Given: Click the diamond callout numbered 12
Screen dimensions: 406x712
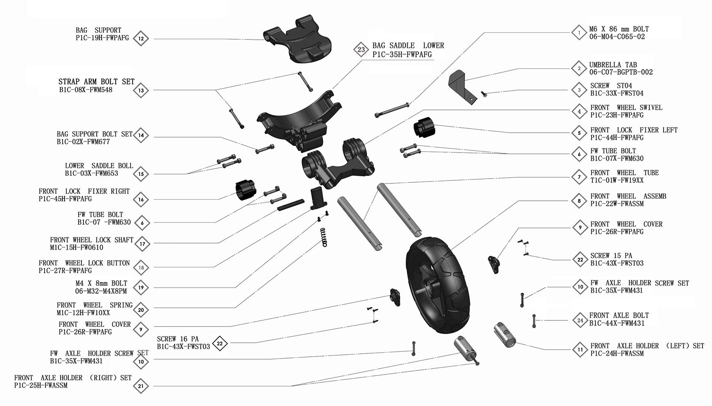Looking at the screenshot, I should [x=141, y=39].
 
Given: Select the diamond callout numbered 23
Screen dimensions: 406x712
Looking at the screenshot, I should [x=361, y=49].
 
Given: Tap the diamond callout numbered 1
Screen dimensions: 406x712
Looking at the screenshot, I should [x=579, y=33].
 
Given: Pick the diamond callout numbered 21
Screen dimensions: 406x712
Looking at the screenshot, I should [x=141, y=386].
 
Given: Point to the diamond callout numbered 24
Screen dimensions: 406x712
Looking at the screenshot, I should [x=580, y=320].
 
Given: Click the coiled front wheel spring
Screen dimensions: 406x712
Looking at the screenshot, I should [x=325, y=237].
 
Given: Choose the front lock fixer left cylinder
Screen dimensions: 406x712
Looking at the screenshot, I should [x=423, y=127].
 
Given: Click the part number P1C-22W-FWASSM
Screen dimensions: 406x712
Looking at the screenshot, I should [x=617, y=204].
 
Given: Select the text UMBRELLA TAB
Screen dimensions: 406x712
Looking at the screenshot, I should [x=613, y=65].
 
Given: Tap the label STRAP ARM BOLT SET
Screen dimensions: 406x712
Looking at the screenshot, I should [x=96, y=82].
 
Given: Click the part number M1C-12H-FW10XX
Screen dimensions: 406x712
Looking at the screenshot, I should [x=83, y=313].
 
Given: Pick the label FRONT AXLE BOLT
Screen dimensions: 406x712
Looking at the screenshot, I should [x=619, y=315].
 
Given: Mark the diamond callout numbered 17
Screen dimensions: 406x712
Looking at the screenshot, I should [x=141, y=244].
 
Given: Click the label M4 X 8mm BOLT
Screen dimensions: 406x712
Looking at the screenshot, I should [x=101, y=283].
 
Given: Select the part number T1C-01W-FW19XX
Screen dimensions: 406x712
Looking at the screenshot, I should [x=617, y=181].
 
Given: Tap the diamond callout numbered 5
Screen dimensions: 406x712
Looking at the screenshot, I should [x=579, y=133].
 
